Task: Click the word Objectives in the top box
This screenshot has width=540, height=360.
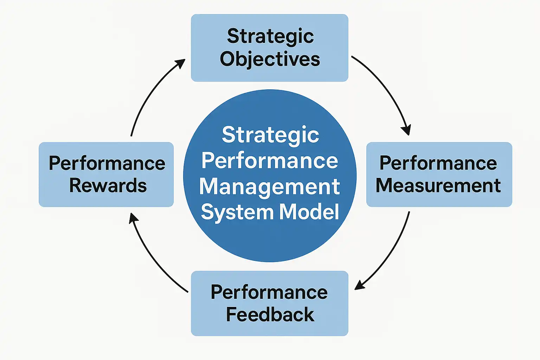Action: [x=270, y=59]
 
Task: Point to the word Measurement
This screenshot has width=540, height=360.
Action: [x=438, y=186]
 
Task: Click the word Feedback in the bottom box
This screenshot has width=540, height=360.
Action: [x=270, y=314]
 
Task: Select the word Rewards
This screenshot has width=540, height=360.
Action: [x=108, y=186]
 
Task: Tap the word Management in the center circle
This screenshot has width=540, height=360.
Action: [x=269, y=187]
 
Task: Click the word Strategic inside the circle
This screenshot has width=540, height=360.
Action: [x=270, y=135]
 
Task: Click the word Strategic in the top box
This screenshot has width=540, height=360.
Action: [x=270, y=37]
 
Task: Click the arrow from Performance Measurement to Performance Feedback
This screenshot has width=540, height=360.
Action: [x=390, y=253]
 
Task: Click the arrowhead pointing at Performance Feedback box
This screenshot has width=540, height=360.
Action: [x=359, y=285]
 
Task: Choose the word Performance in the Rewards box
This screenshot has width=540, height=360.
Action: [x=107, y=163]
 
